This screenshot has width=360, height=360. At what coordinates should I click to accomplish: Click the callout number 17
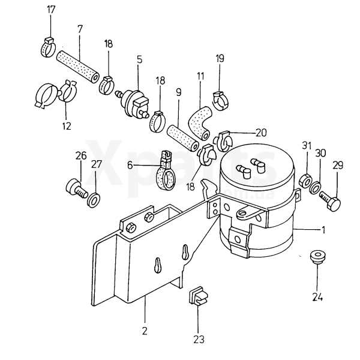coord(51,10)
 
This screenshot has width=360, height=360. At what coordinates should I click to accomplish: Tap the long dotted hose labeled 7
coord(78,67)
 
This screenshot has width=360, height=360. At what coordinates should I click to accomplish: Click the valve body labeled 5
coord(134,103)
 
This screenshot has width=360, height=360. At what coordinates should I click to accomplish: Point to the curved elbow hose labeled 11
coord(199,123)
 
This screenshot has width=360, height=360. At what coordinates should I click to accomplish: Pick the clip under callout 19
coord(221,101)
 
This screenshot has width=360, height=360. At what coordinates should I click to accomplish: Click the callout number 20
coord(261,133)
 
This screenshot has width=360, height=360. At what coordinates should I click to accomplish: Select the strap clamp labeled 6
coord(166,170)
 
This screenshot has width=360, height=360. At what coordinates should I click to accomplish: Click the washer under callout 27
coord(94,200)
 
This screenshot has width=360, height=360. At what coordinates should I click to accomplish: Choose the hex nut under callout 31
coord(305,181)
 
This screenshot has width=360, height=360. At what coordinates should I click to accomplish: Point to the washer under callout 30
coord(314,187)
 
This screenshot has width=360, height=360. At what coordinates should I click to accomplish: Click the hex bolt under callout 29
coord(331,200)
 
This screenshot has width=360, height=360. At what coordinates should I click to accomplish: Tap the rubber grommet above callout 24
coord(317,257)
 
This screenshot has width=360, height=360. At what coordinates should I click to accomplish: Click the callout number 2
coord(145,331)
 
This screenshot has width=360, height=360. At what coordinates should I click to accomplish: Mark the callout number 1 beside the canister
coord(323,230)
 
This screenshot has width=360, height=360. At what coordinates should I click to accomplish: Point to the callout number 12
coord(67,126)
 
